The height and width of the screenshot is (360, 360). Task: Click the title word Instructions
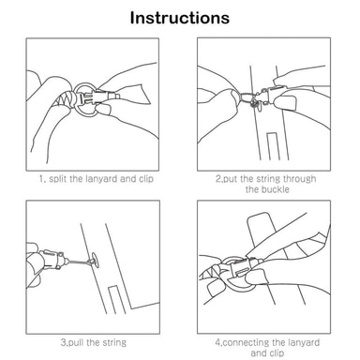tap(180, 18)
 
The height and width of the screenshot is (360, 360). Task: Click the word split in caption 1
tap(58, 179)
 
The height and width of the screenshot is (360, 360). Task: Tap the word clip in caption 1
tap(146, 179)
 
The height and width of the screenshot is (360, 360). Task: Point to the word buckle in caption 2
tap(276, 189)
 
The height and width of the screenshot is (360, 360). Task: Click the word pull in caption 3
tap(76, 343)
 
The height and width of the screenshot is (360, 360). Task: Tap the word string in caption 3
tap(114, 343)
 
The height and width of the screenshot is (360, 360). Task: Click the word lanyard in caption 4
tap(302, 342)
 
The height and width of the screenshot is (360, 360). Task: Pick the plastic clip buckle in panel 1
tap(97, 97)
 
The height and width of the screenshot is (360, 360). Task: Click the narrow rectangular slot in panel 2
tap(272, 146)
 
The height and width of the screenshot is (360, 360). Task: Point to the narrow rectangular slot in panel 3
tap(117, 299)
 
